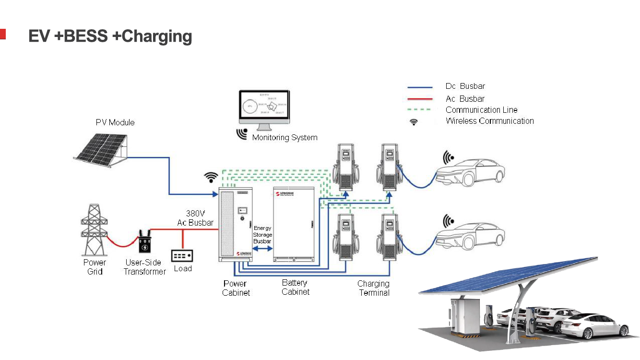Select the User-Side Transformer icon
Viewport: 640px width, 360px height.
[144, 242]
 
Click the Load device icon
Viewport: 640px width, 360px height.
[183, 255]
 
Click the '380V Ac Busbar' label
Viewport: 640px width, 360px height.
[195, 217]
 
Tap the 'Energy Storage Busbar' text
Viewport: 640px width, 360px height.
[262, 235]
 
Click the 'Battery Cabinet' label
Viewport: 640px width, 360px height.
[295, 287]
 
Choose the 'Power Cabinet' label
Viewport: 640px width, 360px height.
[236, 288]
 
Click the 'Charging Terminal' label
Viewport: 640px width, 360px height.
[374, 288]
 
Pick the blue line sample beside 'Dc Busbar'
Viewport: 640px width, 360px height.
[420, 87]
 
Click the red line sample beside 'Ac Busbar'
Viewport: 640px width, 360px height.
[420, 99]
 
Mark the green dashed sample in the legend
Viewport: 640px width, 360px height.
[420, 110]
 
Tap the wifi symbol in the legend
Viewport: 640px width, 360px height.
[414, 122]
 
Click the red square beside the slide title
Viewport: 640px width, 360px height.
[2, 34]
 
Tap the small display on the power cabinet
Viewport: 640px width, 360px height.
[243, 211]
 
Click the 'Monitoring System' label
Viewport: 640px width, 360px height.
[285, 138]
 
